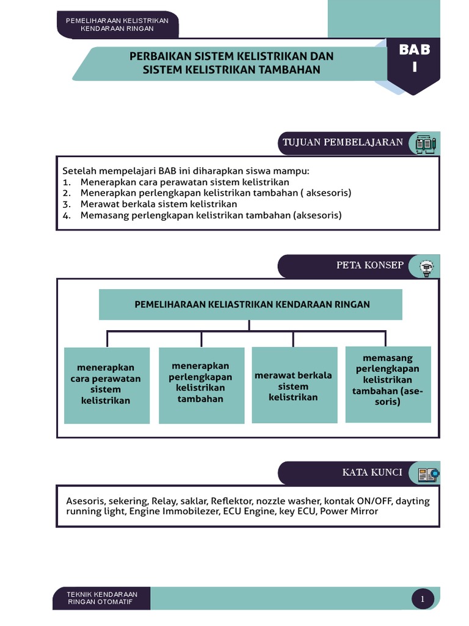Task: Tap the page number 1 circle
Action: (423, 599)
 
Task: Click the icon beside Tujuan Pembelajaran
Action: (425, 144)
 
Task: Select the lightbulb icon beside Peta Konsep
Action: (426, 267)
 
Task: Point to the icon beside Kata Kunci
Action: (427, 473)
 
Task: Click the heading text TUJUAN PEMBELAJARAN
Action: (343, 142)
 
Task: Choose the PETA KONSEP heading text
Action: (370, 265)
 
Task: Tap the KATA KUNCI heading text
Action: (372, 473)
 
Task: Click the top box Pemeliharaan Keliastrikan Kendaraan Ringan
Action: (250, 304)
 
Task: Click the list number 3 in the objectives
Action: (67, 204)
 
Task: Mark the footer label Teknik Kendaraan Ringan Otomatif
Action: (103, 598)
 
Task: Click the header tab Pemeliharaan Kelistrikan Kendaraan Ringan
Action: (117, 24)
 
